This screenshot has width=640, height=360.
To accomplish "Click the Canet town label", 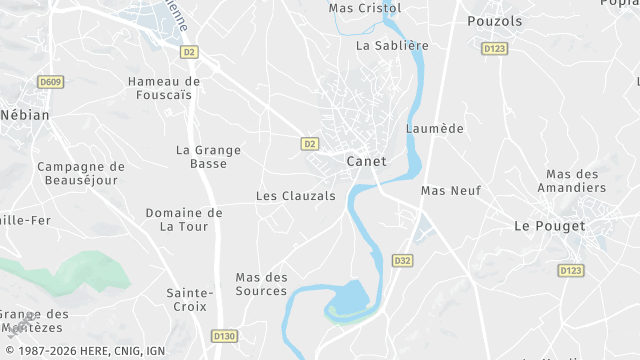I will click(366, 161).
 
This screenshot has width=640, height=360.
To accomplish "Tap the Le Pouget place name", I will click(549, 226).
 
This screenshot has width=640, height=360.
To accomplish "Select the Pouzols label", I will click(494, 20).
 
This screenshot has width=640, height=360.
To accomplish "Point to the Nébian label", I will click(25, 115).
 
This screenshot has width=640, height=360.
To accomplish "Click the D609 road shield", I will click(49, 82).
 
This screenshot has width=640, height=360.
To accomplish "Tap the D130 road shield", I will click(224, 337).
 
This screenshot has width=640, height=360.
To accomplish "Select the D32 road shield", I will click(402, 261).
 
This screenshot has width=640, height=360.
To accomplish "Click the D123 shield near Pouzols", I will click(494, 48).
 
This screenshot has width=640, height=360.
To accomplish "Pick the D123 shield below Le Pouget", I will click(571, 270).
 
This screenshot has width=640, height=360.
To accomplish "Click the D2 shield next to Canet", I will click(310, 144).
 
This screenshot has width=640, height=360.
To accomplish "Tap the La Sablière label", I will click(392, 45).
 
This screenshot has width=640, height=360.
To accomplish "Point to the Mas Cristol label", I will click(365, 8).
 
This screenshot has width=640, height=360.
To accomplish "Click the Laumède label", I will click(435, 129).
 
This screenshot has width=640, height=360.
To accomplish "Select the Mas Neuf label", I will click(451, 190).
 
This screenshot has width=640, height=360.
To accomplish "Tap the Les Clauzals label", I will click(296, 196).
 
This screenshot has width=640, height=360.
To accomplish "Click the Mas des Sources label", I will click(261, 284).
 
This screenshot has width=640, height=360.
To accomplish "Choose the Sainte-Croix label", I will click(190, 301).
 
